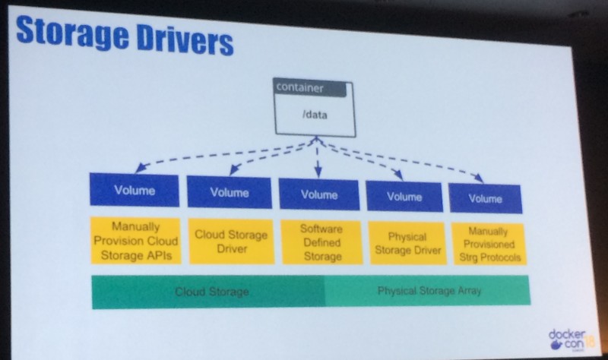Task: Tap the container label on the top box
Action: click(x=299, y=87)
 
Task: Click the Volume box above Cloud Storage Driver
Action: click(x=230, y=192)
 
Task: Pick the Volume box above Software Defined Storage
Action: click(x=318, y=194)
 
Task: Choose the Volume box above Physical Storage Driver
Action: click(x=404, y=196)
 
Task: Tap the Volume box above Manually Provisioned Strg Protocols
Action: click(x=485, y=198)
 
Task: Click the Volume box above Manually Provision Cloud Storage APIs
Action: click(x=135, y=190)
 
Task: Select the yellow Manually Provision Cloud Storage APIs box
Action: click(x=135, y=240)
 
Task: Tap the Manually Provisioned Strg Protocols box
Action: click(x=486, y=245)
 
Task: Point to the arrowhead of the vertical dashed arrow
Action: click(x=318, y=173)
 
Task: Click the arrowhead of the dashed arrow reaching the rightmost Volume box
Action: click(x=479, y=179)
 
